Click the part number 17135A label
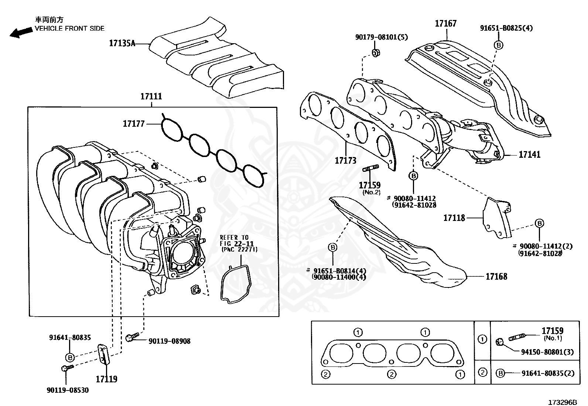[x=122, y=43]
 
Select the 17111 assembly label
[x=151, y=96]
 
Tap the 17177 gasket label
[x=133, y=123]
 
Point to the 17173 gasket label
[x=345, y=160]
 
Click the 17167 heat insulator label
[x=445, y=24]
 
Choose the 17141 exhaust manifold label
[x=529, y=154]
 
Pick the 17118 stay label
[x=454, y=218]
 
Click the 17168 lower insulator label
[x=496, y=276]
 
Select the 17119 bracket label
[x=106, y=379]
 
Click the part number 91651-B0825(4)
[x=506, y=28]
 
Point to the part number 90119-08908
[x=170, y=341]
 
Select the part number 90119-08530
[x=68, y=390]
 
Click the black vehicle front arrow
[x=21, y=33]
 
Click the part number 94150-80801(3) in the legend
[x=548, y=352]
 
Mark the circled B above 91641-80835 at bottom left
[x=70, y=357]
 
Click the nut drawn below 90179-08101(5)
[x=376, y=53]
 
